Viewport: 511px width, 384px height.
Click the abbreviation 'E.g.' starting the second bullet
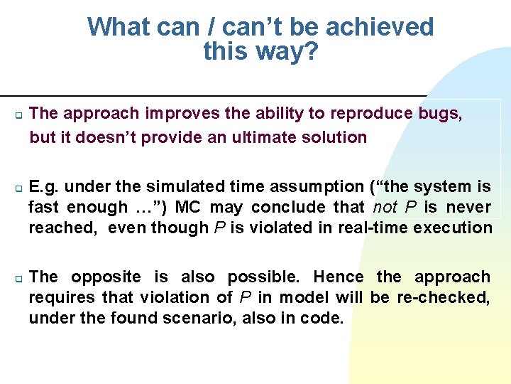click(45, 186)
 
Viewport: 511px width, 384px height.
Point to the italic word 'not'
click(385, 207)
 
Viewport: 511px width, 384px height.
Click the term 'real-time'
click(369, 228)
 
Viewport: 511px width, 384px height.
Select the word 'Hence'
click(338, 277)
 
